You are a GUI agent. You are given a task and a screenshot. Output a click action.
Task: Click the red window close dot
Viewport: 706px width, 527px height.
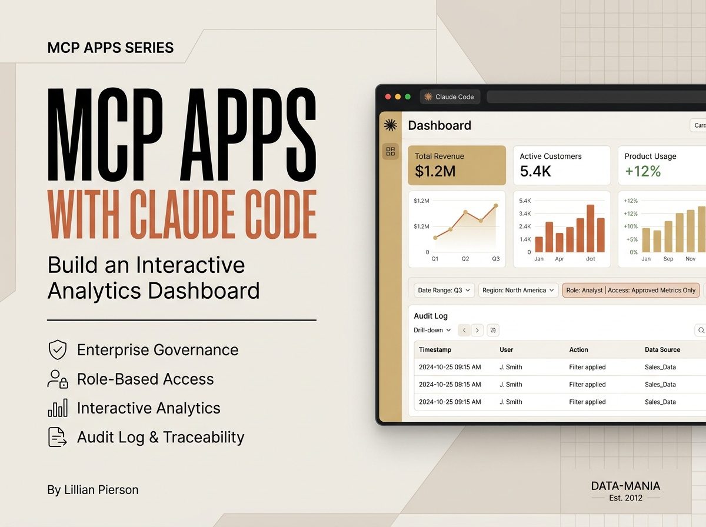[388, 97]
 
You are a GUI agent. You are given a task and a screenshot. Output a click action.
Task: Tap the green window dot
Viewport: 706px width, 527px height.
[408, 97]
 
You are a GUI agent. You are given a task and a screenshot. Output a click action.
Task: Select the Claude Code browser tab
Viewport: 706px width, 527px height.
[449, 97]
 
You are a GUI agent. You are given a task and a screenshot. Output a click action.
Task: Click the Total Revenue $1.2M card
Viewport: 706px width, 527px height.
[457, 165]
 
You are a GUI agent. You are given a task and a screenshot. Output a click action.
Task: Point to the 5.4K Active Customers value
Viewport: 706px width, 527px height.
[535, 171]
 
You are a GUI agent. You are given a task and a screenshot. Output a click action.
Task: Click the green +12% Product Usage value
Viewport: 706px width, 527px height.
[643, 171]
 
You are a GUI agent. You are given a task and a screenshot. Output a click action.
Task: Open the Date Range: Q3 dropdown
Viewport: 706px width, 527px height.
[444, 291]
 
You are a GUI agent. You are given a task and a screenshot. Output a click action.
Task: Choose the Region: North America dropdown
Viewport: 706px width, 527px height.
[518, 291]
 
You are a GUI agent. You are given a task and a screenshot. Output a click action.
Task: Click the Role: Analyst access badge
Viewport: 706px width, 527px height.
[631, 291]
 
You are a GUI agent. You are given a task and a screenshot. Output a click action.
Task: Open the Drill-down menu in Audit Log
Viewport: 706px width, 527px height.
[432, 330]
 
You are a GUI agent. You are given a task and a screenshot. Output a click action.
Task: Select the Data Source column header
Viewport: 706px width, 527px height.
[662, 349]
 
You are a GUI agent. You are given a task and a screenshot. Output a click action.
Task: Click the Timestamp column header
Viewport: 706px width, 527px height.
[435, 349]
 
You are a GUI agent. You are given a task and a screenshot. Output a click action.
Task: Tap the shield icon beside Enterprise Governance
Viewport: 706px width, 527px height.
[58, 349]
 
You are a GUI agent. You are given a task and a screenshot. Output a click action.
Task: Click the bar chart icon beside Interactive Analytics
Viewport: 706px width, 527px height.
[58, 408]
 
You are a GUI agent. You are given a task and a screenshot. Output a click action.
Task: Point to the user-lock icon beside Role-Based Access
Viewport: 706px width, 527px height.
[58, 379]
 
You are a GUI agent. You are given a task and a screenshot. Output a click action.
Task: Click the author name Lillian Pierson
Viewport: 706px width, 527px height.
[101, 490]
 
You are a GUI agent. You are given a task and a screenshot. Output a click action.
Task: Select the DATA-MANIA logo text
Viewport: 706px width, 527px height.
[625, 486]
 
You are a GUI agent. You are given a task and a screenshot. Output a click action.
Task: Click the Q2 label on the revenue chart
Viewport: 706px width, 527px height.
[465, 259]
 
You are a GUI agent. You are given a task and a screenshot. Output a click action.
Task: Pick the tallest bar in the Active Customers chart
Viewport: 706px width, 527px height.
[590, 228]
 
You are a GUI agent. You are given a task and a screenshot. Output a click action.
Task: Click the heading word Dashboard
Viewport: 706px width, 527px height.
[439, 125]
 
